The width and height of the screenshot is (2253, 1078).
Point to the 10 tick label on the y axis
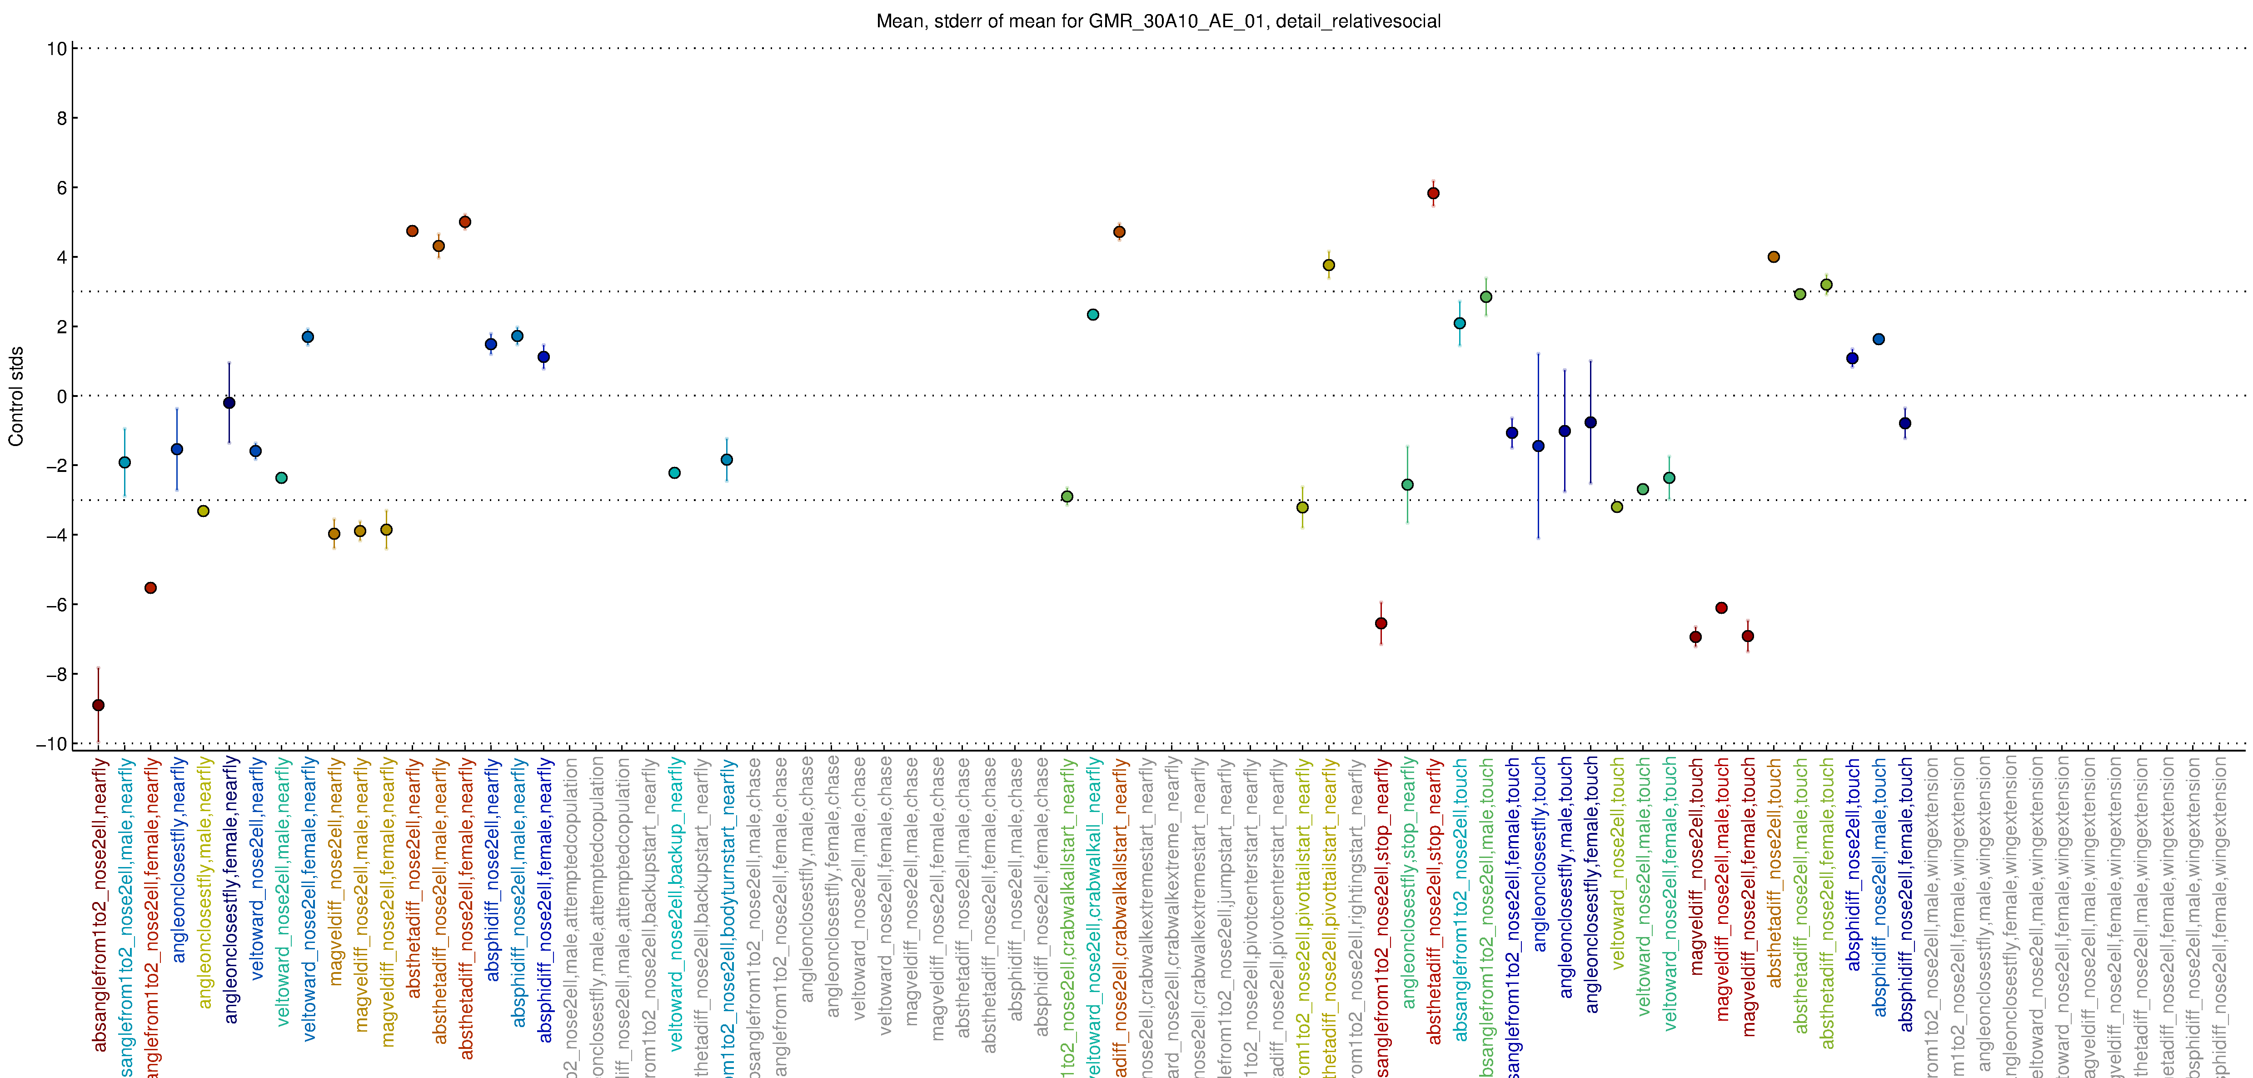click(x=57, y=49)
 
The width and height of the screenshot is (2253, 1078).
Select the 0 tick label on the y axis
click(x=61, y=396)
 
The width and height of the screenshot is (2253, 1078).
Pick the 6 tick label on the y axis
click(x=61, y=188)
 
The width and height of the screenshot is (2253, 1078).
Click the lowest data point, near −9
click(x=99, y=705)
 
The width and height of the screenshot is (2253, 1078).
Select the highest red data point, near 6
click(x=1434, y=193)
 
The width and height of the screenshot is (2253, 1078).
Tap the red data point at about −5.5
click(x=150, y=588)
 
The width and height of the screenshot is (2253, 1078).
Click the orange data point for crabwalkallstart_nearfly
click(x=1120, y=232)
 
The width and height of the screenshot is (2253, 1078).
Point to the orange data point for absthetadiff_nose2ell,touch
click(x=1774, y=257)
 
